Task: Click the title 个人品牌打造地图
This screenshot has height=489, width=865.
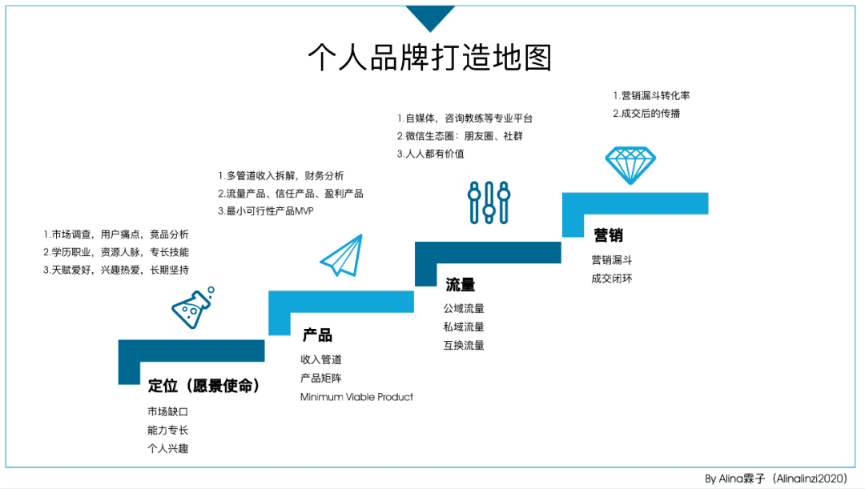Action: click(430, 58)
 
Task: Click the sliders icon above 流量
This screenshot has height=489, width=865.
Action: click(489, 202)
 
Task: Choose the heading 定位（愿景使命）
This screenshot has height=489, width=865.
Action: click(203, 385)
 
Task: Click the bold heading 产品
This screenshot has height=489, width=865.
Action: click(317, 335)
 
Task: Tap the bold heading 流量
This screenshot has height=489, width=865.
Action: click(460, 284)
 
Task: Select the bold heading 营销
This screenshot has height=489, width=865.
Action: click(609, 235)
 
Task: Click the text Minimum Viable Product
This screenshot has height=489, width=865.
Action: click(356, 397)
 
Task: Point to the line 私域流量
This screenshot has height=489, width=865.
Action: click(464, 327)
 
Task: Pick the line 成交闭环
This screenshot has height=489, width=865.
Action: click(612, 279)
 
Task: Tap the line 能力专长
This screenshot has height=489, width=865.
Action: click(167, 430)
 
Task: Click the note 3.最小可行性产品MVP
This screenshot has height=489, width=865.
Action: click(265, 211)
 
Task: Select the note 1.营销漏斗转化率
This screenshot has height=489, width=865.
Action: click(651, 96)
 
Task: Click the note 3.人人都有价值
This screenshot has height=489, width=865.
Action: click(430, 154)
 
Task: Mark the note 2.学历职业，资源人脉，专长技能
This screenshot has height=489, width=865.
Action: click(116, 252)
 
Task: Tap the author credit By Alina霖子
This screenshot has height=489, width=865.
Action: click(734, 479)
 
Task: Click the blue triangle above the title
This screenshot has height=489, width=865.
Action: click(430, 18)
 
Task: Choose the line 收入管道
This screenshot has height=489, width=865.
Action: click(321, 359)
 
